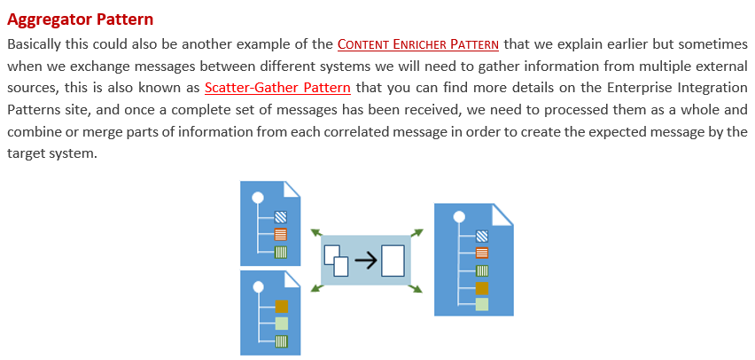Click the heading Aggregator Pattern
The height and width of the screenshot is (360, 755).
coord(80,19)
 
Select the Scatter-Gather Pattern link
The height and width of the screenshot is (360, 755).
coord(277,88)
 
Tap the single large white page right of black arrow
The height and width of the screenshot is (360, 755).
coord(393,261)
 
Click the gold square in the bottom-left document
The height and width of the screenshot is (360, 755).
coord(282,307)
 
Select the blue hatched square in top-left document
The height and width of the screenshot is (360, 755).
coord(281,216)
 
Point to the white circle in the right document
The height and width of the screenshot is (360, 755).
coord(458,216)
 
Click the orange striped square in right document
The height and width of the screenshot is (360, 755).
coord(482,253)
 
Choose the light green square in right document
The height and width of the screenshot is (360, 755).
coord(482,304)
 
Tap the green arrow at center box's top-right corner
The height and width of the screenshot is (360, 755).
coord(417,232)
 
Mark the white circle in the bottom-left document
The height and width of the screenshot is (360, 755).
coord(258,286)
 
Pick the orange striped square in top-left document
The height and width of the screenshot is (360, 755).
coord(281,234)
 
